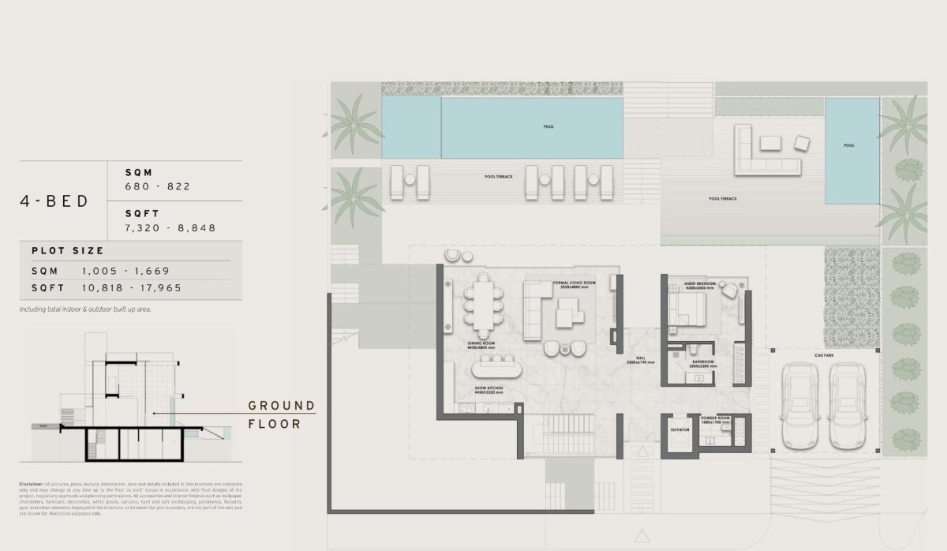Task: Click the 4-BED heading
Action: (54, 201)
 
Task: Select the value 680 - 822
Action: (158, 186)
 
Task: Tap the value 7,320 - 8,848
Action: (170, 227)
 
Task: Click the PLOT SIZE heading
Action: (68, 250)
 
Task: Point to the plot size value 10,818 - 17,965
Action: (131, 288)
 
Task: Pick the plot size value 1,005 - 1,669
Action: (125, 270)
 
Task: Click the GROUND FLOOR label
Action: (281, 414)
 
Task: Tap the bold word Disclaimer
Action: (32, 483)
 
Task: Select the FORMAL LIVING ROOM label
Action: (574, 283)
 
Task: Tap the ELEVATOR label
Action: (679, 429)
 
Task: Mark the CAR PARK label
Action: (824, 356)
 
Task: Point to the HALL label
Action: (642, 358)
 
